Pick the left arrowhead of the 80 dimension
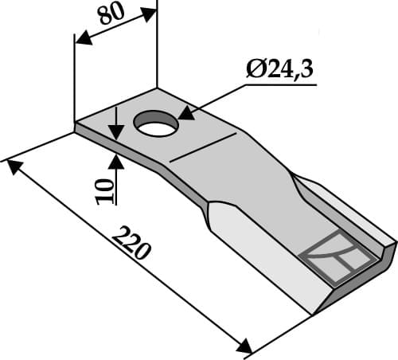click(x=80, y=38)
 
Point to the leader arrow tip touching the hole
click(x=184, y=115)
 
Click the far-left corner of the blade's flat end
click(x=76, y=124)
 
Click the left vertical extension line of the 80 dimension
click(x=74, y=80)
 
